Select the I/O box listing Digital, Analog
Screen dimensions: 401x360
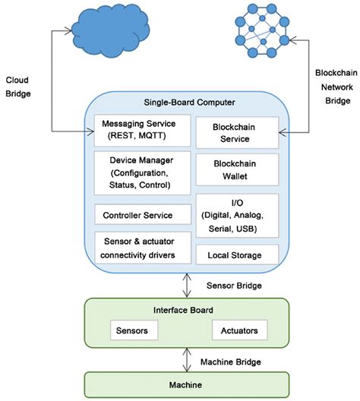coord(237,216)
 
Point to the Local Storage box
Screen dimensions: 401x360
coord(237,254)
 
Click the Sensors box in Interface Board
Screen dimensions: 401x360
coord(134,330)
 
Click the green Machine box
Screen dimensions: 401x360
coord(186,385)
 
